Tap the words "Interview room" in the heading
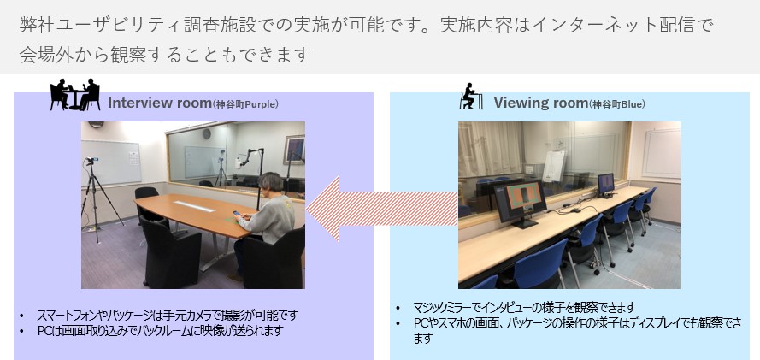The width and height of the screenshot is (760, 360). click(x=158, y=103)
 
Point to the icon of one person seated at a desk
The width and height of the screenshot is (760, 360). click(x=468, y=96)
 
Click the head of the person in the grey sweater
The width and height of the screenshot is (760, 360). click(x=271, y=184)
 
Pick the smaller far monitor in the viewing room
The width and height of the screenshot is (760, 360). click(x=605, y=183)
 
